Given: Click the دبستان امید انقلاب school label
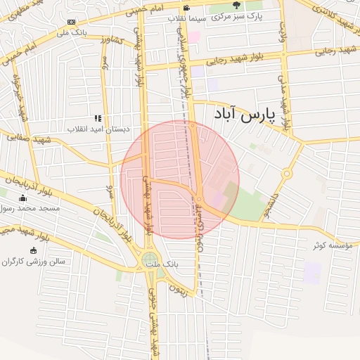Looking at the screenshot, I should click(x=96, y=129).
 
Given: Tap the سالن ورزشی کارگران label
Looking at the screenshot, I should click(x=33, y=261).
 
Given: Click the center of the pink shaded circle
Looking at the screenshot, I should click(x=180, y=179).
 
